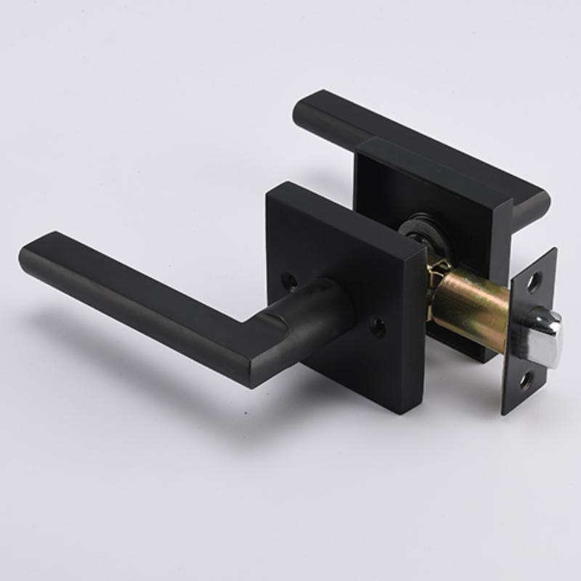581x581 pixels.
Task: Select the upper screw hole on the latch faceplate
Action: pos(535,281)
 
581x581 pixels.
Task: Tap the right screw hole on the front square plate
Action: pos(378,328)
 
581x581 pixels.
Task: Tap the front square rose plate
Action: pos(341,254)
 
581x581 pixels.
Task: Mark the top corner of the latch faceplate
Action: pos(554,251)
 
